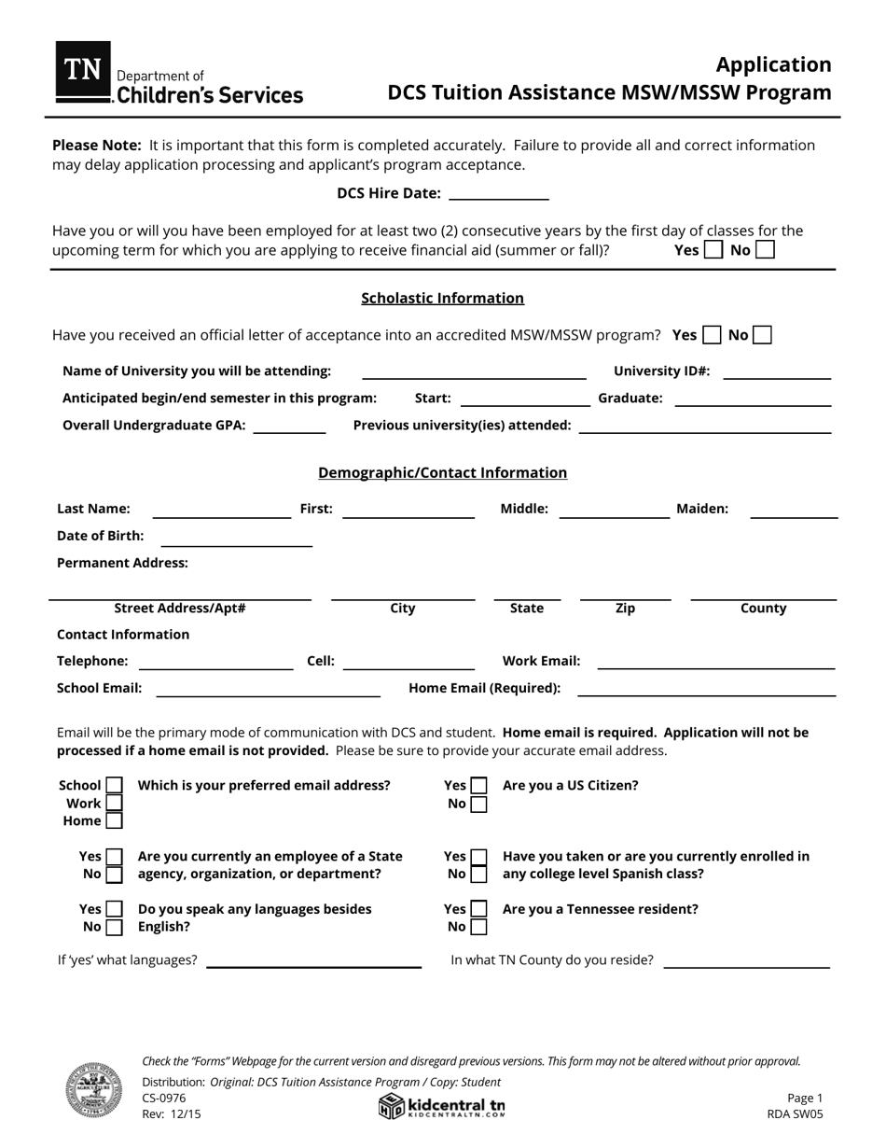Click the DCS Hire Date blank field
tap(499, 193)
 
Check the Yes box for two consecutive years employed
tap(713, 250)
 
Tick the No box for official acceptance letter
tap(762, 335)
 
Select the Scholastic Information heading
tap(442, 298)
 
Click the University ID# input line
tap(777, 371)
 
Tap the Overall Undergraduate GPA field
tap(290, 426)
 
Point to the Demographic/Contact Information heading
tap(442, 472)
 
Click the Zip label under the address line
tap(625, 609)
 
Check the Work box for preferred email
tap(114, 804)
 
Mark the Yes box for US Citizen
tap(478, 786)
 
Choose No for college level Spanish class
tap(478, 875)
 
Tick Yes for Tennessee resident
tap(478, 909)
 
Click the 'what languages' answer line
tap(313, 960)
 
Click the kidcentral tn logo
tap(442, 1107)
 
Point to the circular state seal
tap(93, 1090)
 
